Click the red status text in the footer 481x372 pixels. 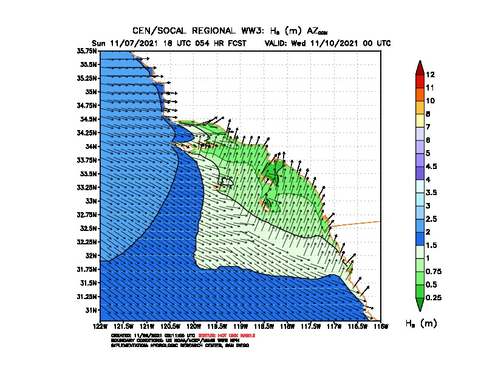(x=234, y=336)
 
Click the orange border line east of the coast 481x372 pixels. (x=358, y=223)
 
